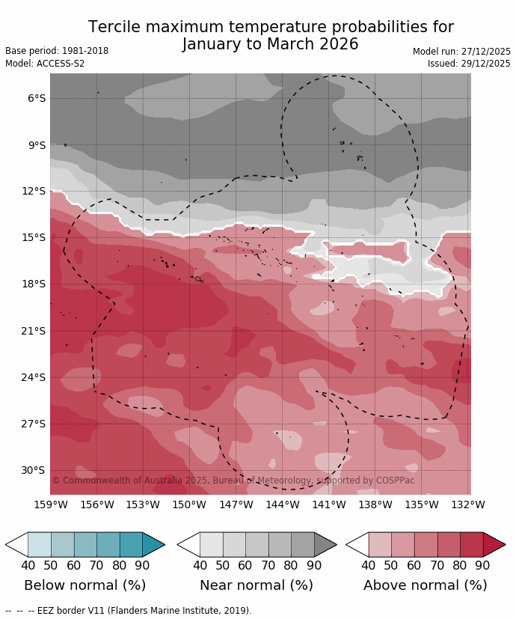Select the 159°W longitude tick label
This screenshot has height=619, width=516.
51,504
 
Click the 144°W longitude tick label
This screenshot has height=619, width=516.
283,504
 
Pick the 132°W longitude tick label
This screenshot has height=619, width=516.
468,504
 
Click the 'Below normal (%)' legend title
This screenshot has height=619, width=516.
85,585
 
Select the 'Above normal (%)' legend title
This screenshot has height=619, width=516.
426,585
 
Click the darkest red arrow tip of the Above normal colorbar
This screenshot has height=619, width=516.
494,544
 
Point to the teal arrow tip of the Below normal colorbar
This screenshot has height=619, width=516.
153,544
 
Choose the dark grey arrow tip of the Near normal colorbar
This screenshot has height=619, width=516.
325,544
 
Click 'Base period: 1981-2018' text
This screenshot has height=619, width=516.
57,51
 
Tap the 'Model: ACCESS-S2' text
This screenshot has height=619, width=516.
45,64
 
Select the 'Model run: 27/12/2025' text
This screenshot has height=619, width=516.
461,52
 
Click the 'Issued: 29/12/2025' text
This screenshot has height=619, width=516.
469,64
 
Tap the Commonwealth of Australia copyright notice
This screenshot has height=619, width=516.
233,481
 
